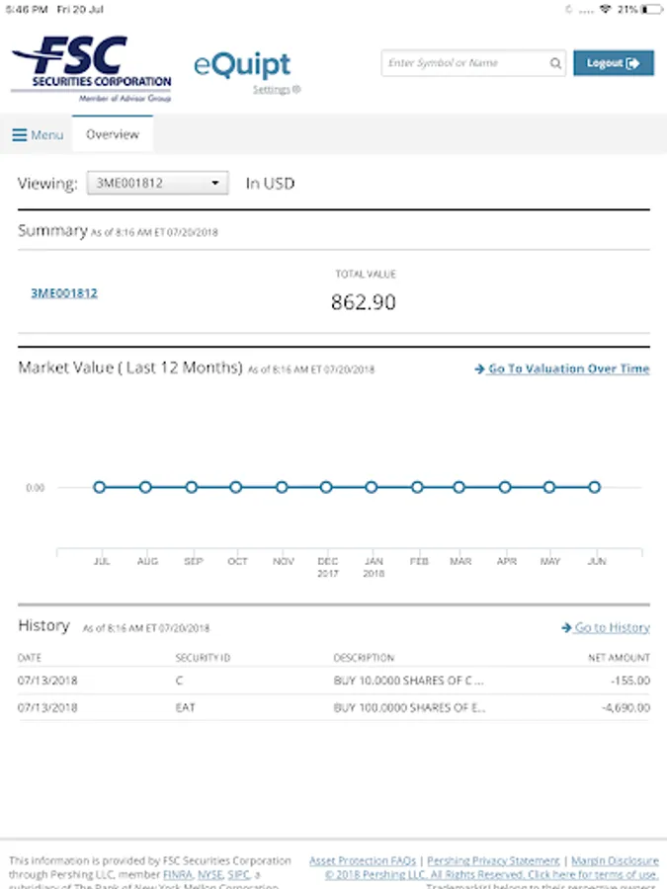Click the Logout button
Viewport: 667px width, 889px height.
click(613, 63)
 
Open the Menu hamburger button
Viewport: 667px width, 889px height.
click(37, 135)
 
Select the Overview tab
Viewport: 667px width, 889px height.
click(113, 134)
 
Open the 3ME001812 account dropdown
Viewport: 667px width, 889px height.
click(157, 183)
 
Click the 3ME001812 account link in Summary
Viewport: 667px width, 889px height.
click(64, 293)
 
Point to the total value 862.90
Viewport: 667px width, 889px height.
click(364, 302)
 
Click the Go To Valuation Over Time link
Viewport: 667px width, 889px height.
click(562, 369)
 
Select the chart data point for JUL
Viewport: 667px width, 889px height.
click(100, 487)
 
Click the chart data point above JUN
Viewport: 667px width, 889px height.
click(595, 487)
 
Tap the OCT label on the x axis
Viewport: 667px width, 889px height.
click(237, 561)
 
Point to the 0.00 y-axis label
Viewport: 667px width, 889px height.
click(36, 488)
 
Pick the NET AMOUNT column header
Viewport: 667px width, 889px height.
click(619, 658)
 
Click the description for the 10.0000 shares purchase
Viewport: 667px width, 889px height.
click(408, 681)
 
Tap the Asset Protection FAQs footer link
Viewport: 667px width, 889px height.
click(363, 861)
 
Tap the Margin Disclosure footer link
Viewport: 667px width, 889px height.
click(615, 861)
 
